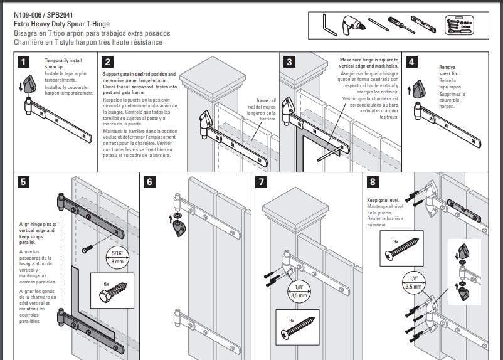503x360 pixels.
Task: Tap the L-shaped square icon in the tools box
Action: (x=328, y=26)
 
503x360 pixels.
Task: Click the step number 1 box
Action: (x=23, y=61)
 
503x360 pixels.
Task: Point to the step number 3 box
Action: (x=289, y=61)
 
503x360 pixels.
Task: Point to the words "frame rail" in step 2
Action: (x=266, y=100)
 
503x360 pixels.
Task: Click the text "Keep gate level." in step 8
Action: (x=381, y=201)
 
